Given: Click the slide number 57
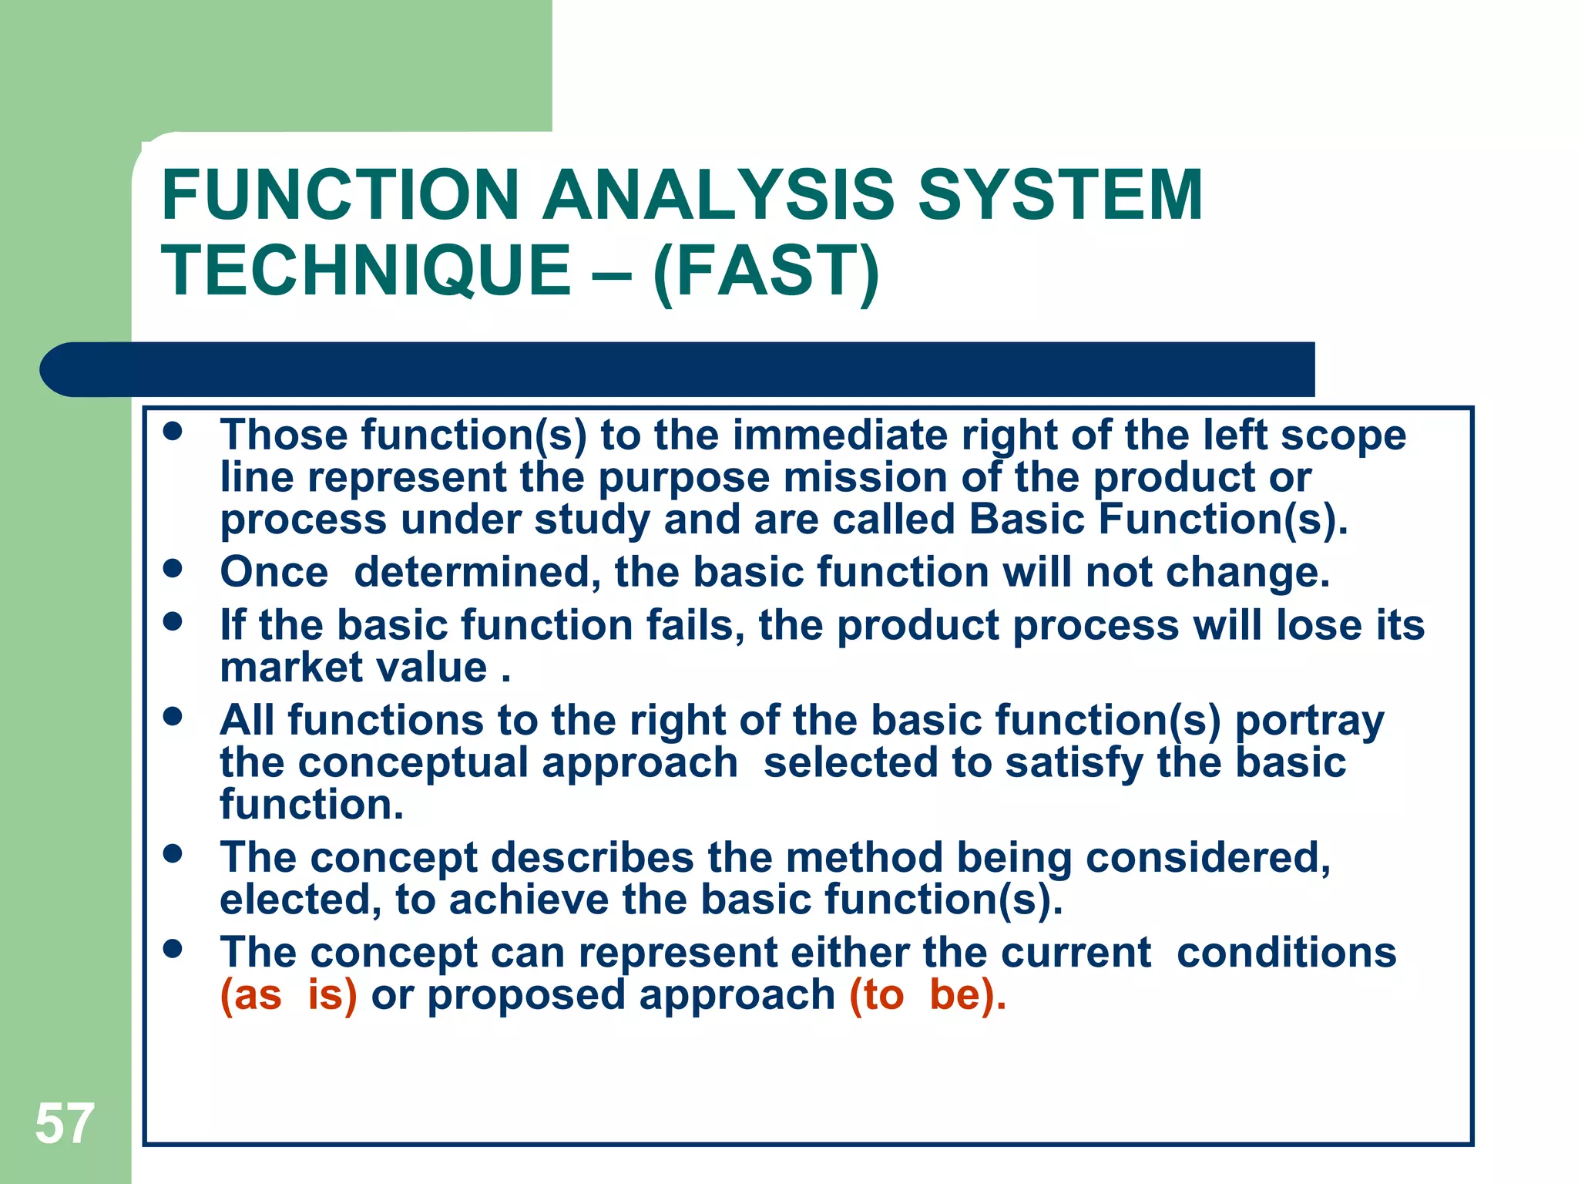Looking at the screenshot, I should pos(65,1124).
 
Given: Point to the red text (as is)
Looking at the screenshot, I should pos(288,994).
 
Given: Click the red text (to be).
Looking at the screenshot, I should pos(927,994).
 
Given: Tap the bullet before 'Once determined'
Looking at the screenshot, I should pos(173,569).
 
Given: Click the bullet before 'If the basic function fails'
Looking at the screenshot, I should pos(173,621).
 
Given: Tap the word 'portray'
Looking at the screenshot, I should pos(1309,721).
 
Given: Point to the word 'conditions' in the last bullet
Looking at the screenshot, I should pos(1286,953).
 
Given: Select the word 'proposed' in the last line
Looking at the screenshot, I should pos(526,996).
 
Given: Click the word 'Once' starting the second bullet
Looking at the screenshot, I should pos(274,572).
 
